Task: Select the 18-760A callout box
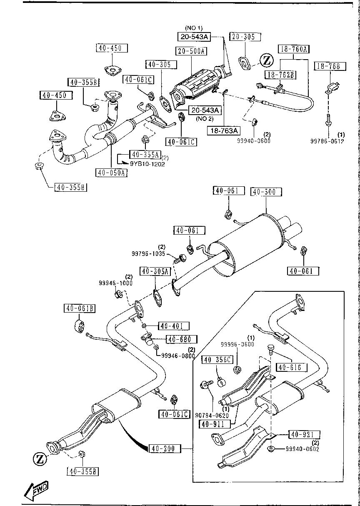[294, 49]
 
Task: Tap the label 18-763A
[224, 130]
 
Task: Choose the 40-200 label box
[165, 448]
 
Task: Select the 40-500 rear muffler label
[266, 192]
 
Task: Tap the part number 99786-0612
[328, 141]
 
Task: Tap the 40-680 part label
[181, 339]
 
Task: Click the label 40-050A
[111, 173]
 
